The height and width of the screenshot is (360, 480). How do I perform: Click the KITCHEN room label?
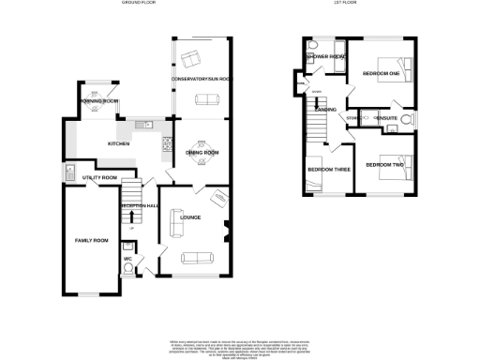pos(118,143)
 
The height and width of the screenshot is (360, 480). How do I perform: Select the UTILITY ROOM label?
pos(98,177)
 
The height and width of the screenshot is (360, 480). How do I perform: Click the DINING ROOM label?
pos(202,152)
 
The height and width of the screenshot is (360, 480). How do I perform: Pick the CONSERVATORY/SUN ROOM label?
pos(202,80)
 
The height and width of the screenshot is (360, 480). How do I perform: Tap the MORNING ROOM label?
pos(98,100)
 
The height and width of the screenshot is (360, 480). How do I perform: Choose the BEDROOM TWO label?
pos(384,165)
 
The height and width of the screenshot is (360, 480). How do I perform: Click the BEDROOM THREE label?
pos(328,170)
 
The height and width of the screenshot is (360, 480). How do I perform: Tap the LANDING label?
pos(326,111)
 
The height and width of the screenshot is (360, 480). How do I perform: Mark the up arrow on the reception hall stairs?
pos(131,217)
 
